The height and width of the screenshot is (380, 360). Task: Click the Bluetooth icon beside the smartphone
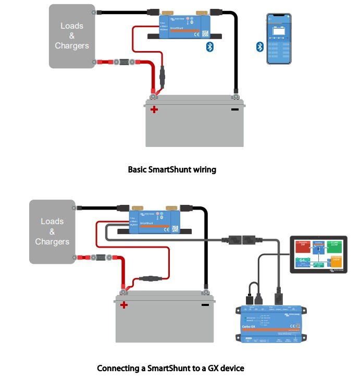(259, 47)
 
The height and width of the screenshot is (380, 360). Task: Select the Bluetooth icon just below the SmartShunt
(210, 47)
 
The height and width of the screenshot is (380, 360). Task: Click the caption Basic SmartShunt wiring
(171, 169)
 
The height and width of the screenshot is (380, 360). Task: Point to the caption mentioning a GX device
(170, 368)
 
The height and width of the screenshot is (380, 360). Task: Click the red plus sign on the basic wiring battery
(154, 109)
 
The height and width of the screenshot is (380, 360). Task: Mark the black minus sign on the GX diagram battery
(205, 305)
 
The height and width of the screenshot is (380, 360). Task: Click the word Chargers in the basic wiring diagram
(72, 46)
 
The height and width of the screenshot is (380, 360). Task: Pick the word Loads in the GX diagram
(52, 222)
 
